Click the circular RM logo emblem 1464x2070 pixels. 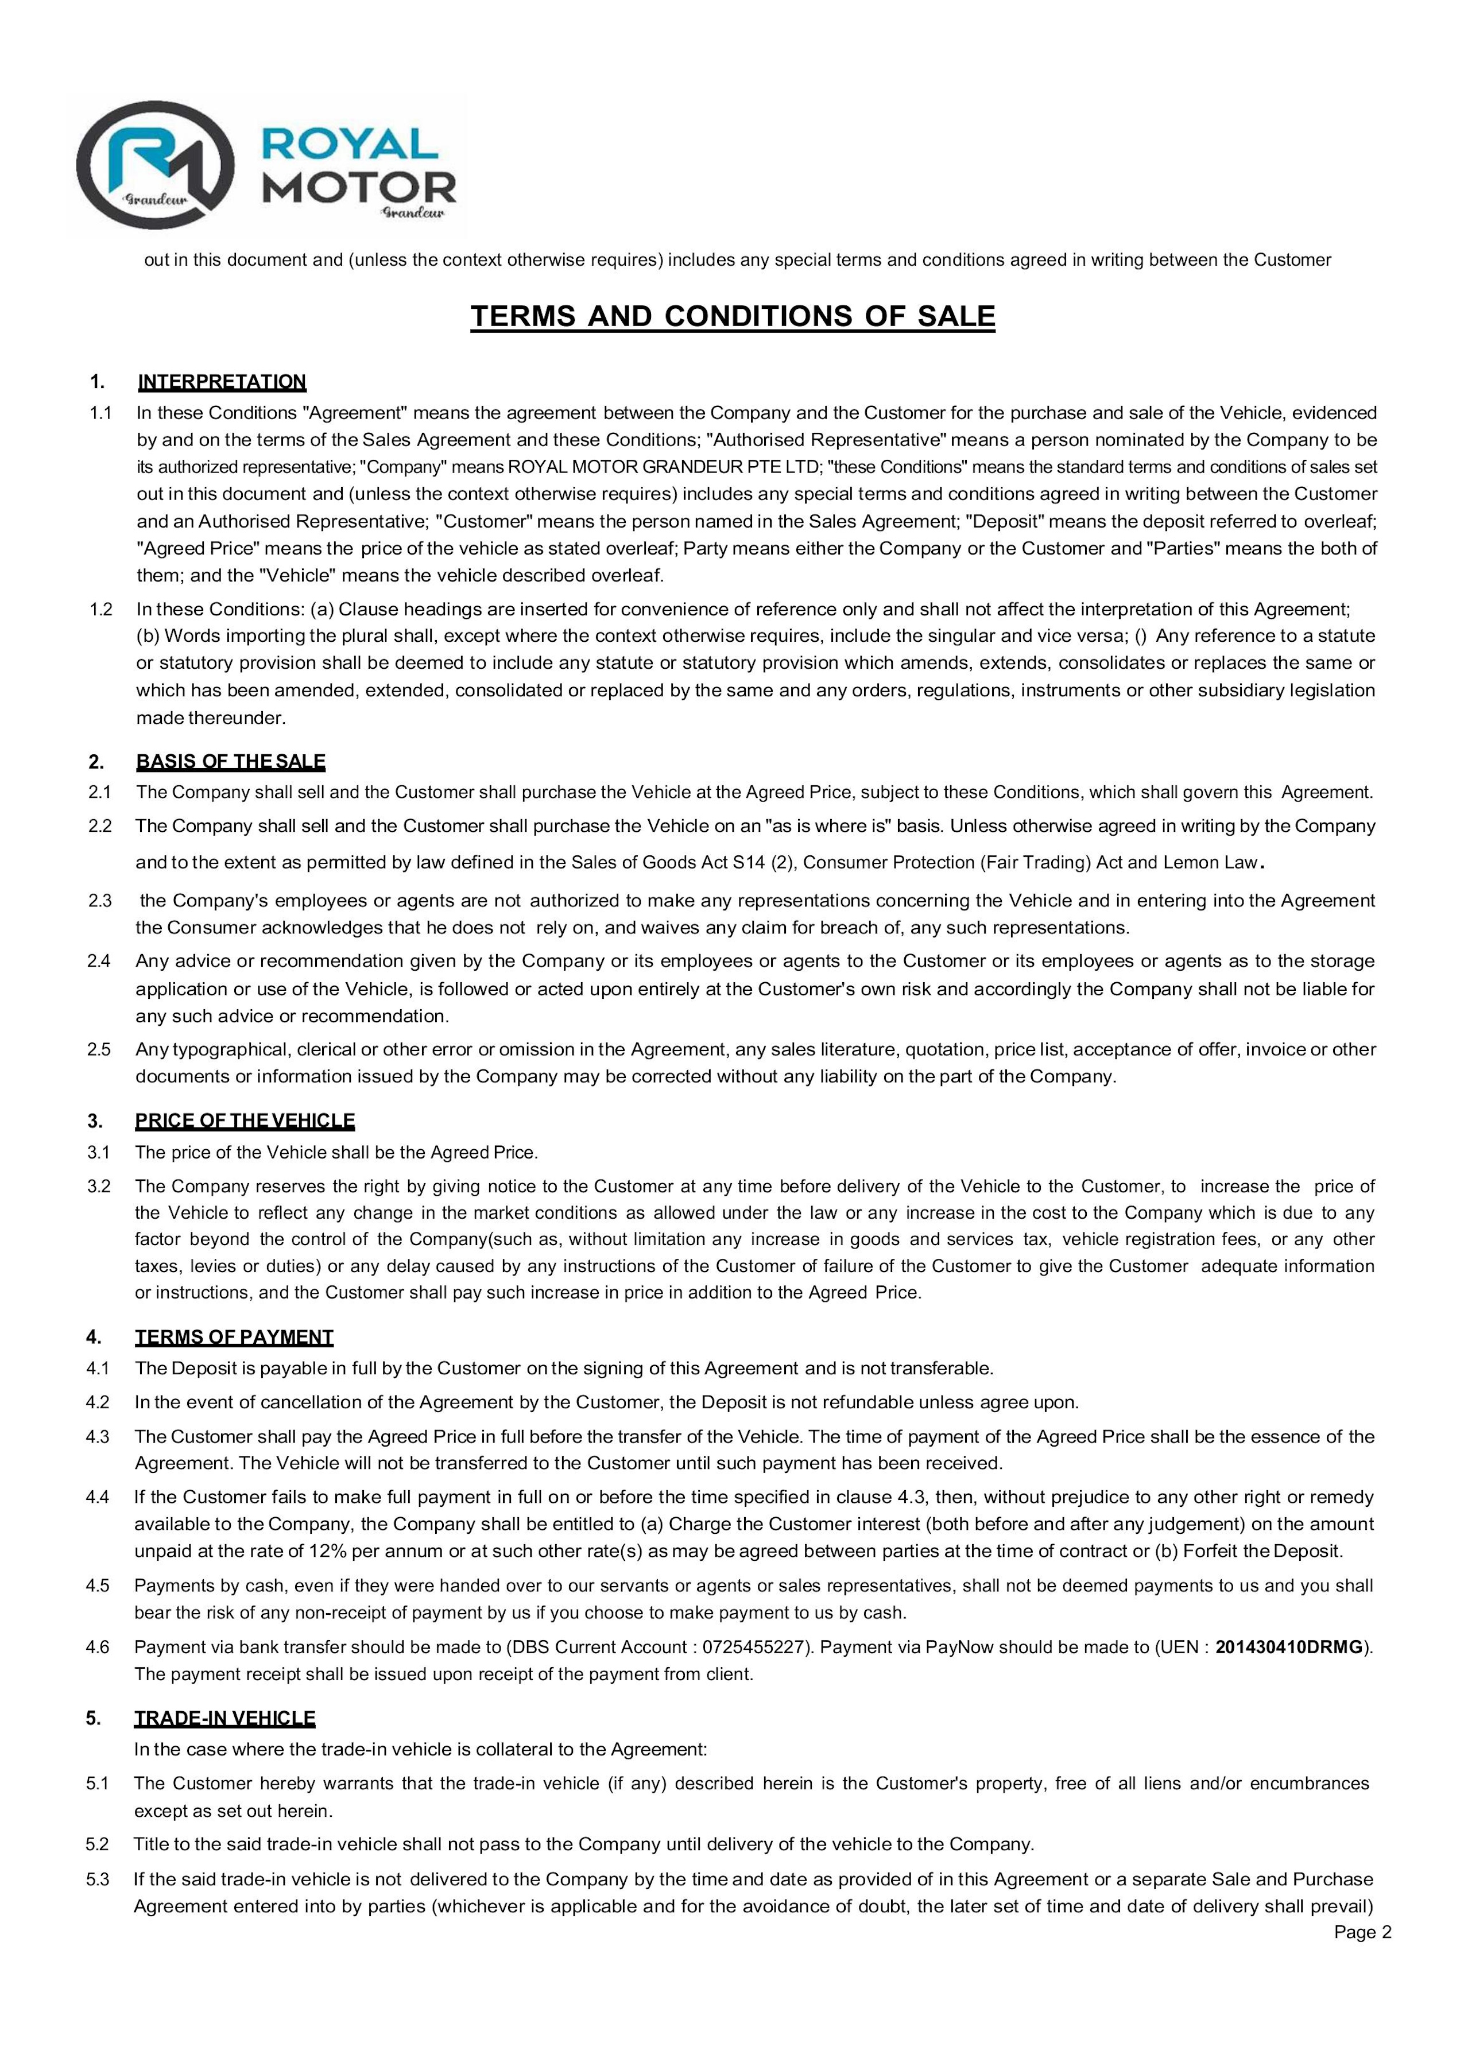pyautogui.click(x=155, y=164)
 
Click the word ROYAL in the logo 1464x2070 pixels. pyautogui.click(x=350, y=144)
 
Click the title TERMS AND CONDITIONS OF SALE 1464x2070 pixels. pyautogui.click(x=732, y=316)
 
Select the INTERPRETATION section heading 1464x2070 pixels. pyautogui.click(x=221, y=381)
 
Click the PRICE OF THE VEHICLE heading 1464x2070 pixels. pyautogui.click(x=245, y=1121)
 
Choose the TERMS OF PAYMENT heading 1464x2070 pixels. pyautogui.click(x=234, y=1337)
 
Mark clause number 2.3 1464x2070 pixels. pyautogui.click(x=99, y=901)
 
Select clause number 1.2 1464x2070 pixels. pyautogui.click(x=101, y=610)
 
